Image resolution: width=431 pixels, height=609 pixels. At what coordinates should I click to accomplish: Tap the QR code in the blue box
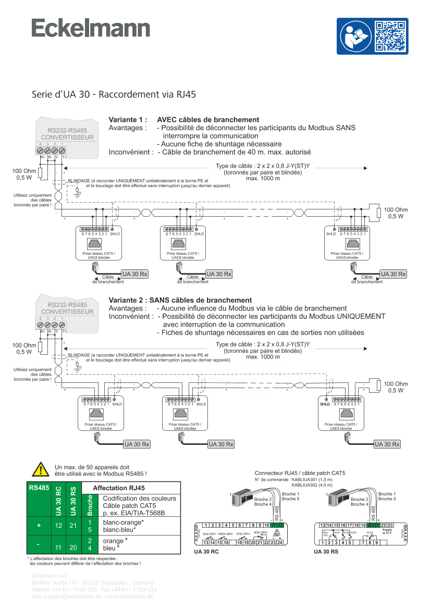[390, 36]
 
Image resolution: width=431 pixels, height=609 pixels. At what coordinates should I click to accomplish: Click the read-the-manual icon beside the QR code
[355, 36]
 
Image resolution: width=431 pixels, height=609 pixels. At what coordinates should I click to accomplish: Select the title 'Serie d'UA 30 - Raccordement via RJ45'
[114, 94]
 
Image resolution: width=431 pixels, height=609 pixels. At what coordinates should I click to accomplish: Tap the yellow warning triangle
[41, 469]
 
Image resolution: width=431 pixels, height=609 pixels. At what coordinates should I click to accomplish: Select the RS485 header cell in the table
[39, 488]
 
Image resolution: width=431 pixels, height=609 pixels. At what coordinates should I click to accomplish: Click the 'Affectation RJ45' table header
[118, 488]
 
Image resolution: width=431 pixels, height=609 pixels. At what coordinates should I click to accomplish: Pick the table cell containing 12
[58, 526]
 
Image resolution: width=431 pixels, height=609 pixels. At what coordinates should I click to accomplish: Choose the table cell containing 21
[73, 526]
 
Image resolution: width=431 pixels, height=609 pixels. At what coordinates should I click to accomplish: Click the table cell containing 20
[73, 548]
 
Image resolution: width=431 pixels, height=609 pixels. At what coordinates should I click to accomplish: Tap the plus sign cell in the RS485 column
[39, 526]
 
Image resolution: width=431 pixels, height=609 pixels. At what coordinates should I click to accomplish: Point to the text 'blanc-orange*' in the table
[124, 522]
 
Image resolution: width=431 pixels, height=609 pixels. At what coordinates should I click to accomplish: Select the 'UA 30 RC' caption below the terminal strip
[206, 551]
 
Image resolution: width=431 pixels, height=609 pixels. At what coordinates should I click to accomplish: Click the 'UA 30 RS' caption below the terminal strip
[326, 551]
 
